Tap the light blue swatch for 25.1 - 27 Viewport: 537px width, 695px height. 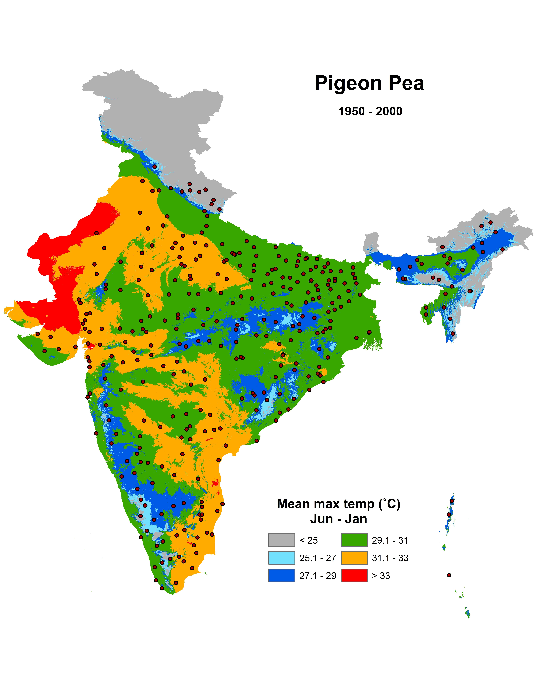coord(282,558)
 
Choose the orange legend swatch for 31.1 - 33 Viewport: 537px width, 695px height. coord(354,558)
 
